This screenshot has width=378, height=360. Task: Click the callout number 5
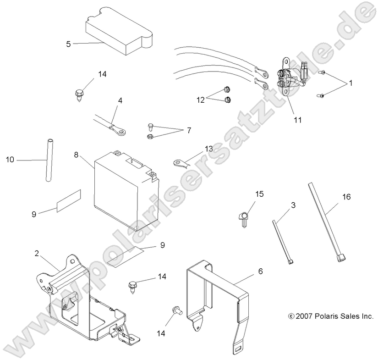pyautogui.click(x=68, y=44)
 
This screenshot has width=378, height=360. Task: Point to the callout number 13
pyautogui.click(x=208, y=149)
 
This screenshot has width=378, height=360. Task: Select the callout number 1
pyautogui.click(x=351, y=83)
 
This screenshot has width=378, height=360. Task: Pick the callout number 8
pyautogui.click(x=76, y=155)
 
